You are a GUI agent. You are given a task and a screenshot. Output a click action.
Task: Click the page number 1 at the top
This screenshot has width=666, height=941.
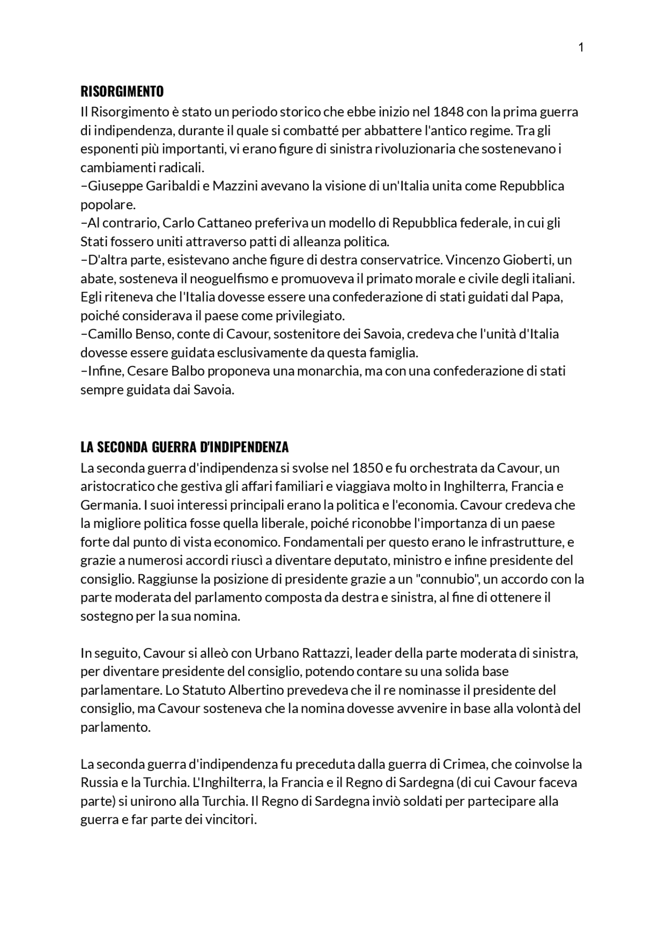581,48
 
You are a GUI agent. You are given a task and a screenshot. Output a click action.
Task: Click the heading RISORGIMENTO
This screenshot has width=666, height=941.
122,92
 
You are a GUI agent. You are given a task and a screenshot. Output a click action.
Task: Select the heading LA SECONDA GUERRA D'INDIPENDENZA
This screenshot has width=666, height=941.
184,447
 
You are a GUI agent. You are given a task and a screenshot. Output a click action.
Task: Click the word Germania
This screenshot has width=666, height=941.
107,505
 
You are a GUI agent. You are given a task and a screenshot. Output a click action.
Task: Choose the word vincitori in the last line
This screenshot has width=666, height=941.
233,820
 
